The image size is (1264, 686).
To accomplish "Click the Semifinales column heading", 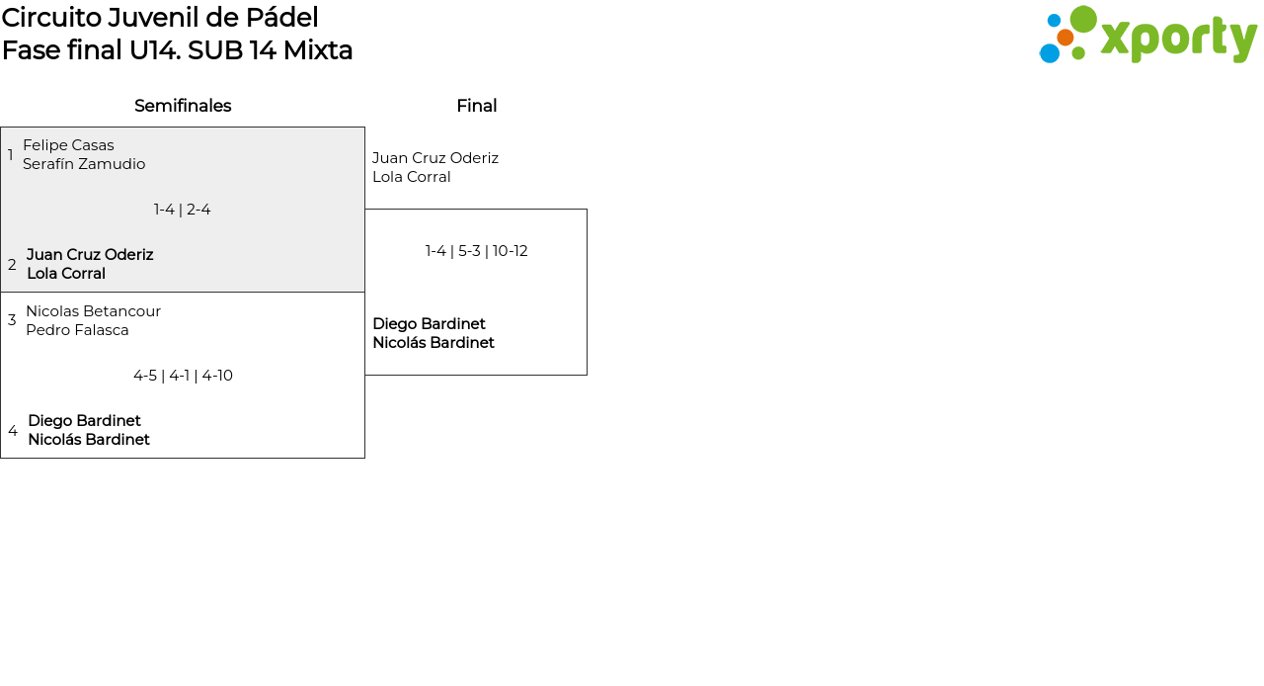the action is (183, 106).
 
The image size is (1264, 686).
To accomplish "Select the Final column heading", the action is (477, 106).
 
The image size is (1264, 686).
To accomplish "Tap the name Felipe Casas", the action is (68, 145).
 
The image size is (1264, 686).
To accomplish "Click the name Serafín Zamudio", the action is (84, 164).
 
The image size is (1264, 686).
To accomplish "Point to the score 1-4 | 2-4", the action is (183, 210).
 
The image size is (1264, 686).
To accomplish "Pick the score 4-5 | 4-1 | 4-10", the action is (183, 376).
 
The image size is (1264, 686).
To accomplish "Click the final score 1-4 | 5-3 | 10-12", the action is (476, 251).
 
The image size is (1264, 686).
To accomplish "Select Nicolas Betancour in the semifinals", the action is (94, 311).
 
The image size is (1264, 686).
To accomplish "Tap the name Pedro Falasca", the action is (77, 330).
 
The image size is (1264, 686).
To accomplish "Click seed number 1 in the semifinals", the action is (10, 154).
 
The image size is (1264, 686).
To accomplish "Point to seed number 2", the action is (12, 265).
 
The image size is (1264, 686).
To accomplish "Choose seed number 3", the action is (12, 320).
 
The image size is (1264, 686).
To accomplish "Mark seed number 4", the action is (13, 431).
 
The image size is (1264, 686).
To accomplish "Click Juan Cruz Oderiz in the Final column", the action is (435, 158).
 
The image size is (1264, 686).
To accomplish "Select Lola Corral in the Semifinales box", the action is (66, 274).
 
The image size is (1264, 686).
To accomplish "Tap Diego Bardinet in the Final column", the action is (429, 324).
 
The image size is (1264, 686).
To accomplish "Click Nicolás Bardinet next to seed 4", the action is (89, 440).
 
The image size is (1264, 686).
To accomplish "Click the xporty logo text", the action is (1179, 39).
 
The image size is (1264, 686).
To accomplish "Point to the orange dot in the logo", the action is (1065, 38).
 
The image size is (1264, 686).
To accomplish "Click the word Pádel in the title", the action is (282, 18).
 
